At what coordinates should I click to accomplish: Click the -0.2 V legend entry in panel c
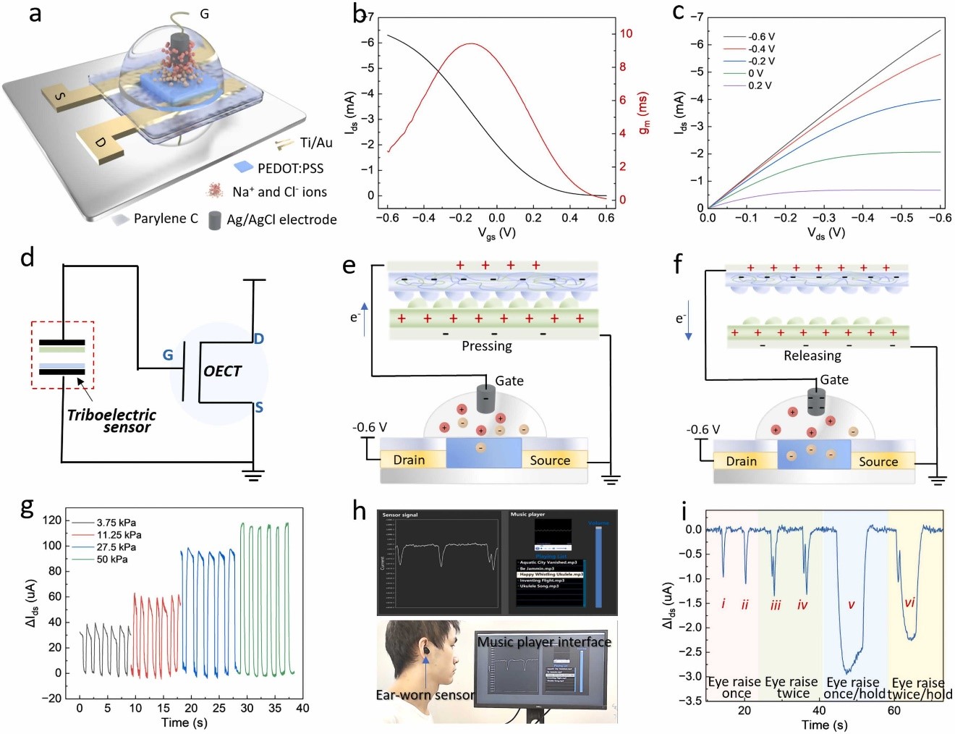[x=761, y=61]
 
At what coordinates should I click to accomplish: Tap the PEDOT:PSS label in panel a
[x=290, y=168]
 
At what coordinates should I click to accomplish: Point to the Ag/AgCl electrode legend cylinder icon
[x=215, y=220]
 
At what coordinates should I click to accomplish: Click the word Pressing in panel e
[x=486, y=346]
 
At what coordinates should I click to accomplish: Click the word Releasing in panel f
[x=812, y=355]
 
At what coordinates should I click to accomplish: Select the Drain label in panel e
[x=409, y=460]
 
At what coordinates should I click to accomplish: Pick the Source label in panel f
[x=878, y=461]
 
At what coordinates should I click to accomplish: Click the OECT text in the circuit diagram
[x=222, y=371]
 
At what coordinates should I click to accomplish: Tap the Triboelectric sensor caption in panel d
[x=112, y=421]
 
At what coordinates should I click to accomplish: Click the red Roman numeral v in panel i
[x=851, y=604]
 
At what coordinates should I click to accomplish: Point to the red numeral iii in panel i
[x=776, y=605]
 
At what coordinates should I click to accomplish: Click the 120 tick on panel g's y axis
[x=52, y=520]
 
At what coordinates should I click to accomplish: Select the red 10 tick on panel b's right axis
[x=626, y=33]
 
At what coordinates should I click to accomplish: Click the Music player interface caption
[x=544, y=641]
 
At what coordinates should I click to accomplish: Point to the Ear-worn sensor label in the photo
[x=425, y=695]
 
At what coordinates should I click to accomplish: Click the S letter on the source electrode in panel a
[x=61, y=96]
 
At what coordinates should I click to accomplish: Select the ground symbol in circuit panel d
[x=252, y=476]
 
